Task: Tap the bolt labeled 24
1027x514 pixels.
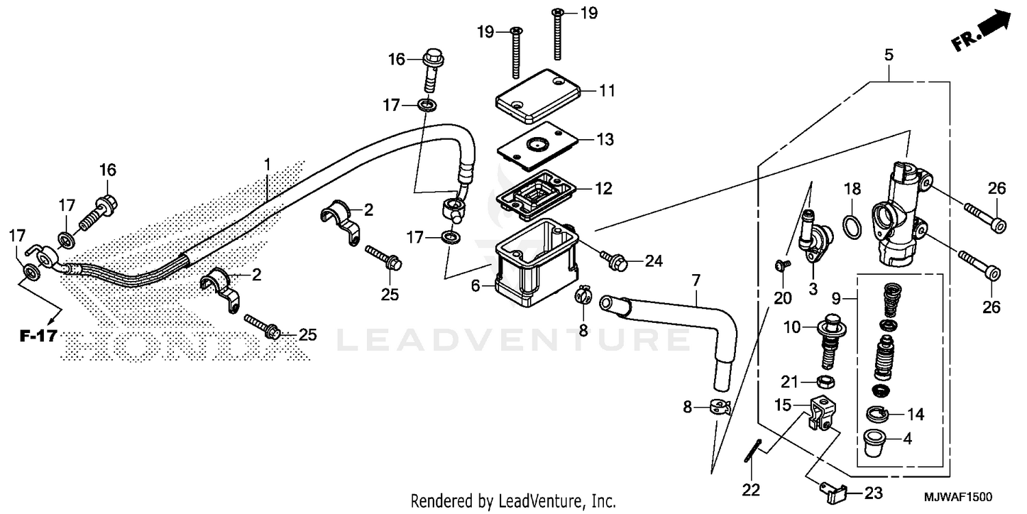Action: [612, 259]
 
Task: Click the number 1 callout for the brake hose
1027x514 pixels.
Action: [267, 164]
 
